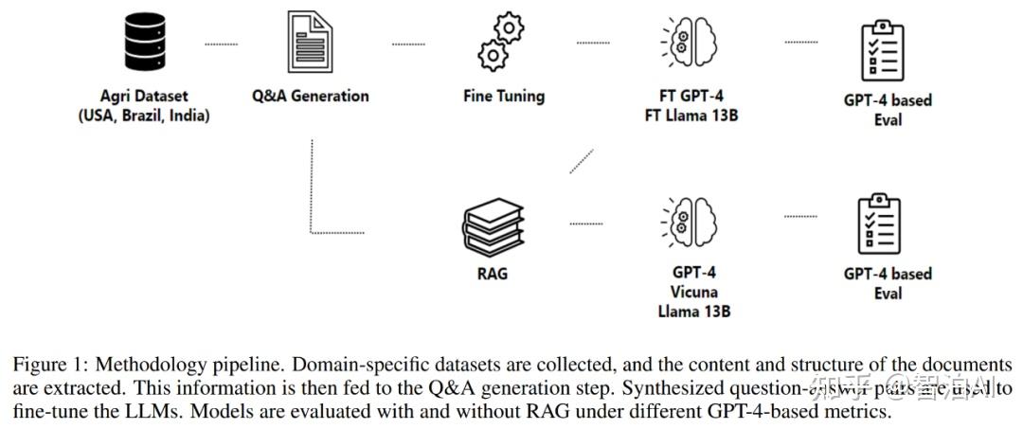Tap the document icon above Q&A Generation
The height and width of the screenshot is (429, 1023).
[x=310, y=45]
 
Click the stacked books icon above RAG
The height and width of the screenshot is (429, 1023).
[x=493, y=225]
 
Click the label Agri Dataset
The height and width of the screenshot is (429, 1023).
[x=144, y=96]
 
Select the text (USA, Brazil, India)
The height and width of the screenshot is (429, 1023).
[x=144, y=116]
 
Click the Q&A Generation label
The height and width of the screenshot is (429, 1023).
[x=311, y=96]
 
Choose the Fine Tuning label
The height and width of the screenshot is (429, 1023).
[x=504, y=96]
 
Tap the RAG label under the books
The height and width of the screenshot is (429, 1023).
[x=493, y=273]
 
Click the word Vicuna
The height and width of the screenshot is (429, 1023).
[x=693, y=292]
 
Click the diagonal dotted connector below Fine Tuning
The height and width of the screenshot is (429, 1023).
[x=582, y=161]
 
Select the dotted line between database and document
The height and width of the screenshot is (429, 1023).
[x=222, y=44]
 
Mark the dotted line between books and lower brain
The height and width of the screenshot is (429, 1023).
[x=585, y=223]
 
